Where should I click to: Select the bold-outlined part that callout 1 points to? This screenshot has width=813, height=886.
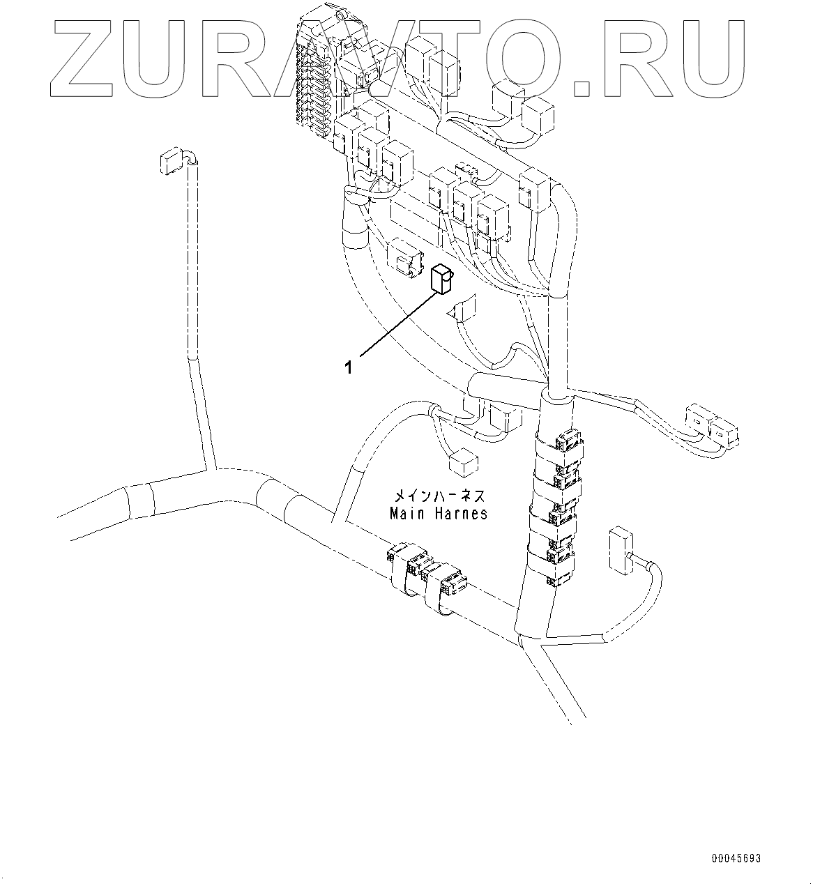440,278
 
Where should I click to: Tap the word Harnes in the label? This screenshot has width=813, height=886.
459,514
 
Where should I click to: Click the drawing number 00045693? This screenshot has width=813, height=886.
736,858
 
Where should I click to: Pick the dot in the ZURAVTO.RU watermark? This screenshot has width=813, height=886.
584,88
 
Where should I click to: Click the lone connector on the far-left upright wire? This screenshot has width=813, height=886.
170,162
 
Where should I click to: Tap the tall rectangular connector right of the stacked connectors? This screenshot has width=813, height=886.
619,551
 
